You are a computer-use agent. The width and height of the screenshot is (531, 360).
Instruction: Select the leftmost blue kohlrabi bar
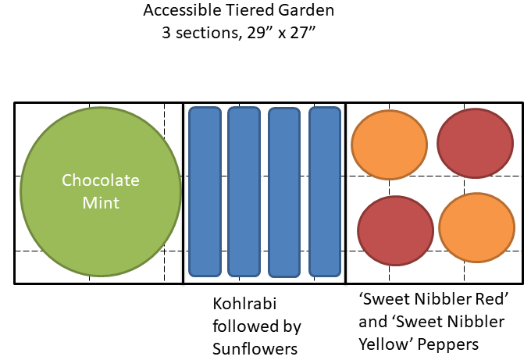click(x=205, y=191)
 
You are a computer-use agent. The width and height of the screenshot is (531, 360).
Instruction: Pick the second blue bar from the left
click(x=244, y=191)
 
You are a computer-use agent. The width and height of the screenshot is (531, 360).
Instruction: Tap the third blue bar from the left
click(x=284, y=192)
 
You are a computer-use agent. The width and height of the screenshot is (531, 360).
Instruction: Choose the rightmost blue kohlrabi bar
click(x=325, y=191)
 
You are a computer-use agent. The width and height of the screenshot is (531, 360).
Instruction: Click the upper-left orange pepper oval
click(x=390, y=144)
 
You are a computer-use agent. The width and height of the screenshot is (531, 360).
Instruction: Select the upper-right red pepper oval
click(x=475, y=143)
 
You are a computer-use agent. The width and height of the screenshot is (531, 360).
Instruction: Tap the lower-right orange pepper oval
click(x=476, y=228)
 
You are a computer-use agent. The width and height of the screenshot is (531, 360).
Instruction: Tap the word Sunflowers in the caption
click(x=255, y=348)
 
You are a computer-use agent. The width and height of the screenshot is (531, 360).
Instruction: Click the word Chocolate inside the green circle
click(x=101, y=180)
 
